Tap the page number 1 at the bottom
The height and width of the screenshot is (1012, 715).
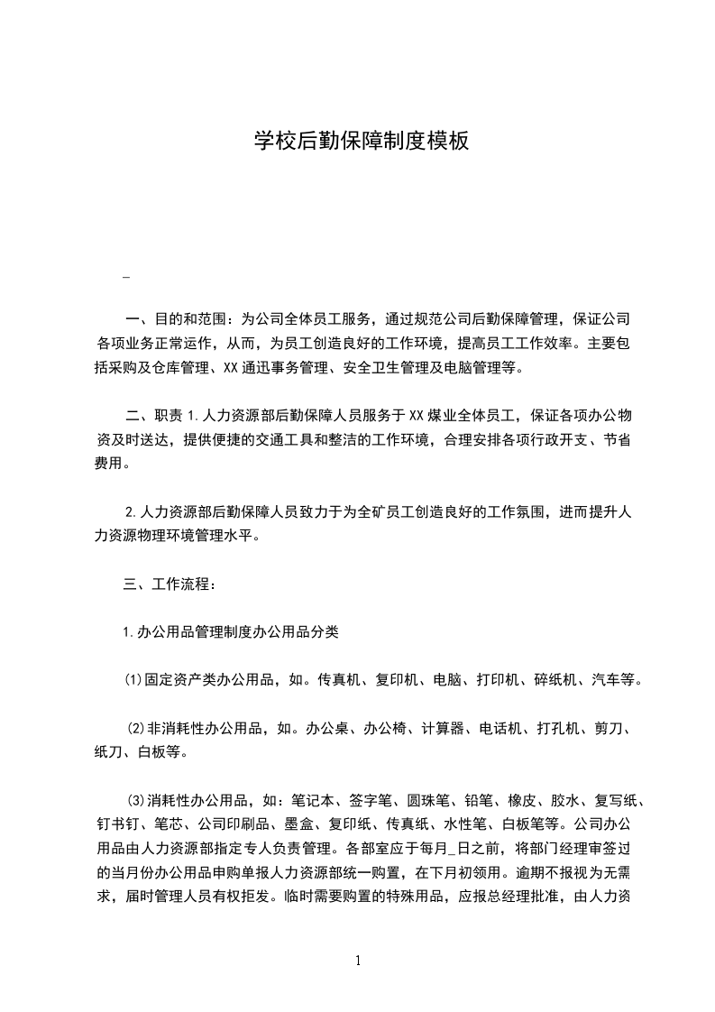coord(358,960)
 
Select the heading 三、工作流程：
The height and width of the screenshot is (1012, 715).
coord(169,584)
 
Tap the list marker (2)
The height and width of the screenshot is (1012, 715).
coord(137,728)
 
